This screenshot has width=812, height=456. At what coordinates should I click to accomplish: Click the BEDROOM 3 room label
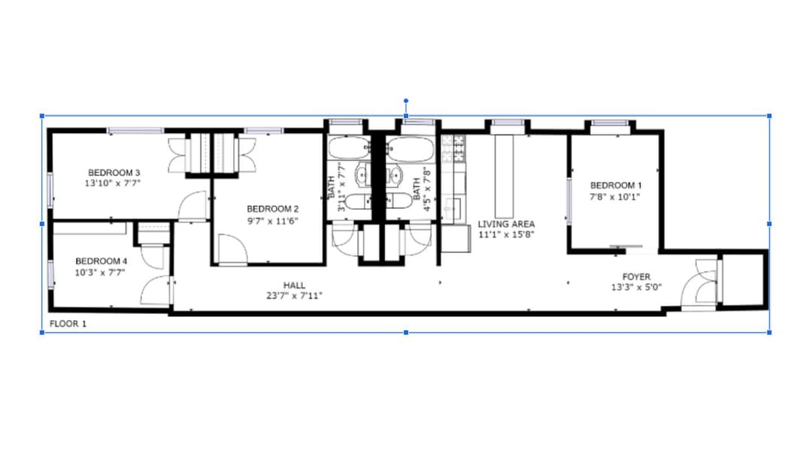tap(114, 172)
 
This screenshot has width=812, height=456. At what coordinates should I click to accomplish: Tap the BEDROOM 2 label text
tap(272, 209)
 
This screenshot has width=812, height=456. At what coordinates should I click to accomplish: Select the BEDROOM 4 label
tap(101, 261)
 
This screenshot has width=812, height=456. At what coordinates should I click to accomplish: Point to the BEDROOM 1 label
tap(616, 186)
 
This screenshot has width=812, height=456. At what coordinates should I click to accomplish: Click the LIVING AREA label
tap(506, 224)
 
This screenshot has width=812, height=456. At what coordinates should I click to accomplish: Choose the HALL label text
tap(294, 285)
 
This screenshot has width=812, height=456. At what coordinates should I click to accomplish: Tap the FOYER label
tap(637, 277)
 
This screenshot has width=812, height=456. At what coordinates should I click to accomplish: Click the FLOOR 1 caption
tap(68, 324)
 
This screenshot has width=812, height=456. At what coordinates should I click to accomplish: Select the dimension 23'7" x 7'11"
tap(294, 296)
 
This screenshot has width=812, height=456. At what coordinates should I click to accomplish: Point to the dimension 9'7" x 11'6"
tap(272, 221)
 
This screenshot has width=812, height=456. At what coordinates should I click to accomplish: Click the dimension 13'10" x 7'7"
tap(113, 183)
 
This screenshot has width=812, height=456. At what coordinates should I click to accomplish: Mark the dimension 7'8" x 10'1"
tap(615, 197)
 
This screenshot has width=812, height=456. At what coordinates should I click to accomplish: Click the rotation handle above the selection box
tap(406, 101)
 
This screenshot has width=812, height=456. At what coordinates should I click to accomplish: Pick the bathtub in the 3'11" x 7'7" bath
tap(349, 149)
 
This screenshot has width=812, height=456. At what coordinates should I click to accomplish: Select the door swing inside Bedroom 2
tap(232, 249)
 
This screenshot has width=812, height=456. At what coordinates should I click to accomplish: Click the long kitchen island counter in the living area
tap(504, 177)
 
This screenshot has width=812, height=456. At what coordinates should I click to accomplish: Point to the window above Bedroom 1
tap(610, 123)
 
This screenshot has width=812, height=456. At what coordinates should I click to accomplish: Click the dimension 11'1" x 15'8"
tap(506, 234)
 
